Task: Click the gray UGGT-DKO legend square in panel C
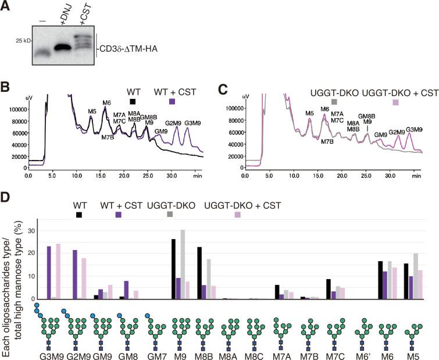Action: pyautogui.click(x=334, y=101)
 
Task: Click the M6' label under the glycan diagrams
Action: pyautogui.click(x=364, y=354)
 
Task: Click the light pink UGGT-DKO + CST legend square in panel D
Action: pyautogui.click(x=238, y=215)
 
